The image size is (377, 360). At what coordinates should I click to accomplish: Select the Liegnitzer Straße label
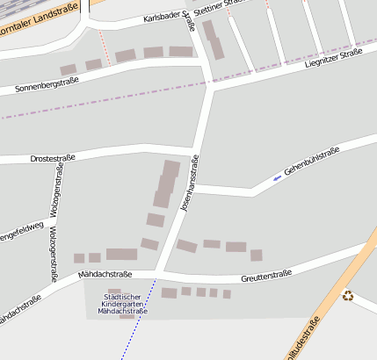click(333, 62)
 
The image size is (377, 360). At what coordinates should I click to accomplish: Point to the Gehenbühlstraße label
click(311, 162)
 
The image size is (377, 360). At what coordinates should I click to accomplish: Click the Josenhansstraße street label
click(189, 184)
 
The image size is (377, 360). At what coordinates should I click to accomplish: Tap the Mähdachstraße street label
click(105, 275)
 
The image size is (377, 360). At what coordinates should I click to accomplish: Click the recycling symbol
click(348, 296)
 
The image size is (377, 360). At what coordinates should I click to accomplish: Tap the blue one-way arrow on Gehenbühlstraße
click(278, 178)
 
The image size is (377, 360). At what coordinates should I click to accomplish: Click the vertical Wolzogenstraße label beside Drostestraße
click(54, 189)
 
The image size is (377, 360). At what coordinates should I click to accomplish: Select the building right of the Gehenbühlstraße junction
click(256, 255)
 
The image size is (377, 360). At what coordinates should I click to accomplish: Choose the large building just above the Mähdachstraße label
click(121, 255)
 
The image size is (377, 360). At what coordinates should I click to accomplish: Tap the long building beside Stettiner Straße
click(213, 40)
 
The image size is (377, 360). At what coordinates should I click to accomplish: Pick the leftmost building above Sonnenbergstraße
click(68, 69)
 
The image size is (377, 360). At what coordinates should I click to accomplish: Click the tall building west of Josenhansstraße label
click(166, 184)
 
